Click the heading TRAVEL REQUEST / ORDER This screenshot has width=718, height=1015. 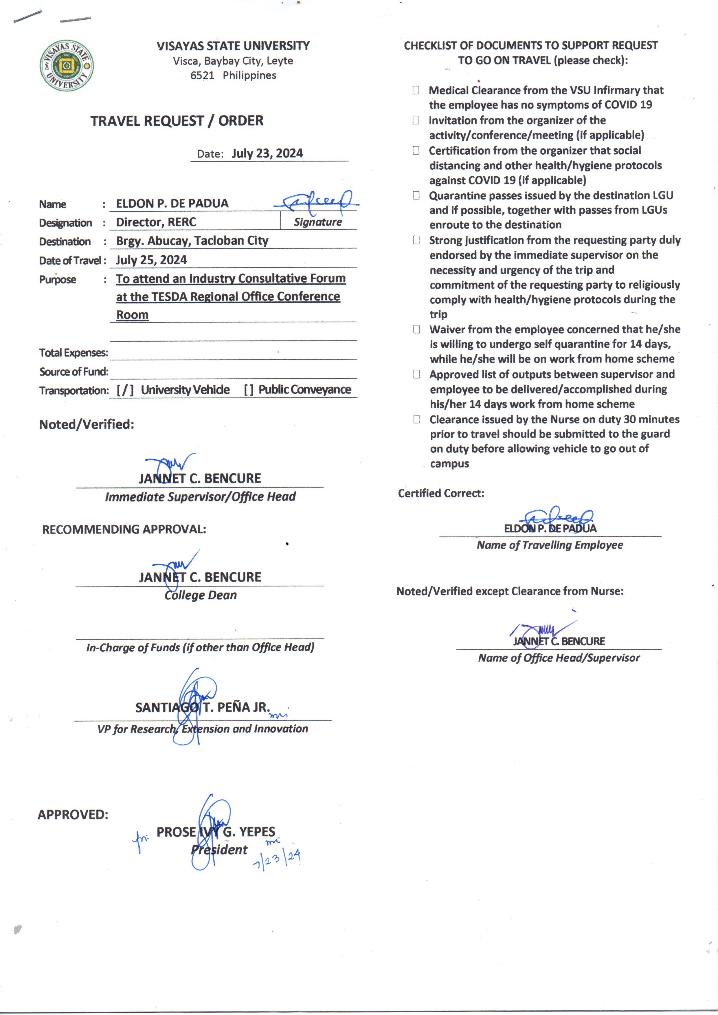tap(177, 121)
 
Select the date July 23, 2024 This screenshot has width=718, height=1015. tap(267, 153)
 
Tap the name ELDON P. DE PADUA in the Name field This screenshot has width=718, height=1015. tap(172, 204)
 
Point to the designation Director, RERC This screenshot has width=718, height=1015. tap(156, 222)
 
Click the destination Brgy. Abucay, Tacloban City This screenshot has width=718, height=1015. tap(192, 241)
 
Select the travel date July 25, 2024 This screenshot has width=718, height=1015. tap(151, 260)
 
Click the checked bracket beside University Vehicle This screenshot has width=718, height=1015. tap(125, 390)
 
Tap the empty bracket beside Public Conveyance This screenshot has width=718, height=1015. tap(249, 390)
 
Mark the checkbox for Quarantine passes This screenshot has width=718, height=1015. tap(416, 195)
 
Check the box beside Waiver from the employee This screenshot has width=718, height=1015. tap(416, 329)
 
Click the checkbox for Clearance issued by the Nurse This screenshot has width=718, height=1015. tap(416, 419)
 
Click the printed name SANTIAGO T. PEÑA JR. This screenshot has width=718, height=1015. tap(203, 707)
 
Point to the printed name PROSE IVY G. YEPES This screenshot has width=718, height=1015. tap(216, 832)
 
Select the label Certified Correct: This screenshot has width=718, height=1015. tap(441, 493)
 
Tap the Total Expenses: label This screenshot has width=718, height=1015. tap(74, 353)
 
